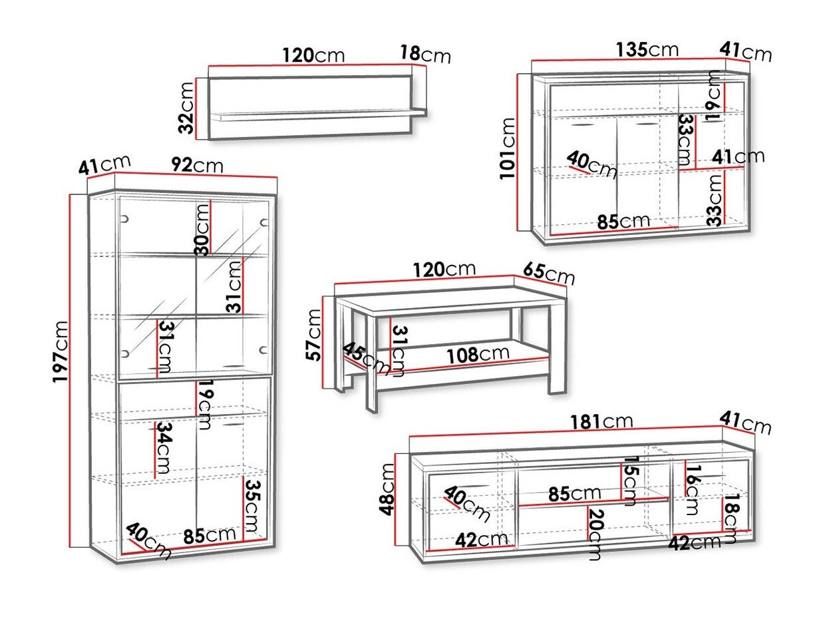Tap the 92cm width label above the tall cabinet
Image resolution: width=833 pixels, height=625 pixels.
click(x=197, y=164)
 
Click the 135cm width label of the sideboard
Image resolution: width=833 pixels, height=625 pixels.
click(x=647, y=49)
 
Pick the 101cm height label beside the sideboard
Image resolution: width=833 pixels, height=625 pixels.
click(x=508, y=148)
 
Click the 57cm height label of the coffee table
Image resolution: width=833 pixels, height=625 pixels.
click(x=313, y=335)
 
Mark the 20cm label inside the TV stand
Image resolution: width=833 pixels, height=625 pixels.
click(x=594, y=533)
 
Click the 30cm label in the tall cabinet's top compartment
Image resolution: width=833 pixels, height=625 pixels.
click(x=202, y=230)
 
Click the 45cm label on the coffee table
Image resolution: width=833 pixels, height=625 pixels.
click(x=367, y=358)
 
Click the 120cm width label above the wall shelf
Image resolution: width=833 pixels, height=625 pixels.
click(x=311, y=55)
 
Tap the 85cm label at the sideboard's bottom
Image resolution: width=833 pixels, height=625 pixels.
click(x=623, y=220)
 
